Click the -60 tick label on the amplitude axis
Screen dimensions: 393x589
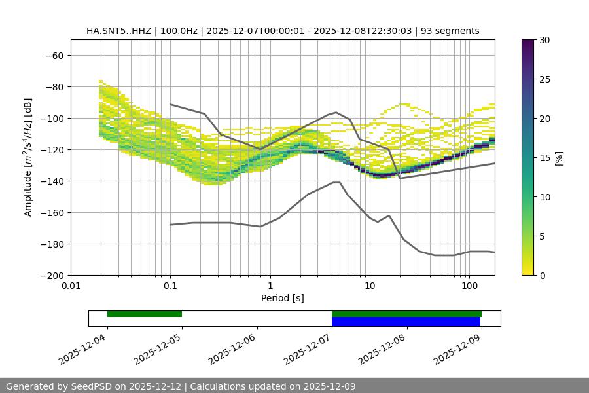pyautogui.click(x=54, y=55)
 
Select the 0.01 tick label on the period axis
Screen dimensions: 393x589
pyautogui.click(x=71, y=286)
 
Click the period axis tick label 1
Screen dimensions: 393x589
pyautogui.click(x=270, y=286)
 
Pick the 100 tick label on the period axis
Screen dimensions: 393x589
pyautogui.click(x=469, y=286)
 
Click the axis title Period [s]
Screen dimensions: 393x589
pyautogui.click(x=283, y=298)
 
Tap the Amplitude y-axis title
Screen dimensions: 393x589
pyautogui.click(x=28, y=157)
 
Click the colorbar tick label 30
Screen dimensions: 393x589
pyautogui.click(x=544, y=40)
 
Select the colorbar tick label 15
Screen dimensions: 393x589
pyautogui.click(x=544, y=158)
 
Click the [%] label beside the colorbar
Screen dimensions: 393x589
pyautogui.click(x=559, y=158)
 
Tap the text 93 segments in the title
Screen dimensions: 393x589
pyautogui.click(x=450, y=31)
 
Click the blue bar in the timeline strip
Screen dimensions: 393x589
pyautogui.click(x=406, y=322)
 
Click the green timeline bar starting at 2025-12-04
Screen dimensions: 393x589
pyautogui.click(x=145, y=314)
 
